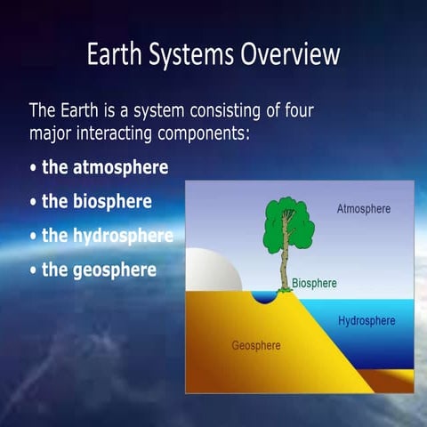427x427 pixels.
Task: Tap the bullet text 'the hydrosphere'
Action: click(x=108, y=235)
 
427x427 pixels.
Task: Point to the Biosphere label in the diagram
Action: click(x=315, y=284)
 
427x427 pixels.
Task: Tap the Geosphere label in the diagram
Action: click(x=256, y=345)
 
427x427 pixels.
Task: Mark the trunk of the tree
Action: click(x=285, y=267)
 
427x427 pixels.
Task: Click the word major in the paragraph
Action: click(x=50, y=134)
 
